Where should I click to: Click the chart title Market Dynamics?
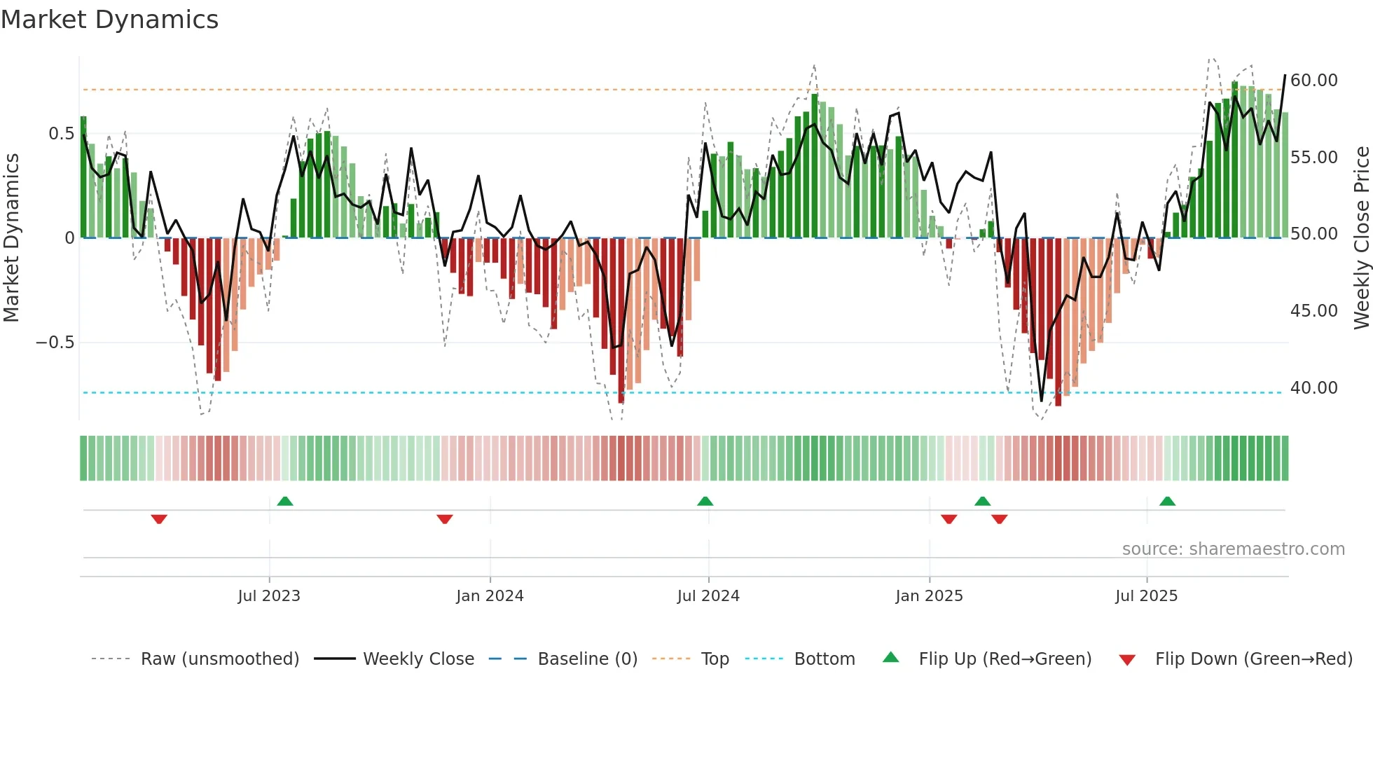[x=109, y=20]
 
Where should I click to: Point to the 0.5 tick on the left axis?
[x=61, y=134]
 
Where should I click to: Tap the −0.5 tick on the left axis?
[x=55, y=343]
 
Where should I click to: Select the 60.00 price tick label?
[x=1313, y=81]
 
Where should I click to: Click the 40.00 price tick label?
[x=1313, y=388]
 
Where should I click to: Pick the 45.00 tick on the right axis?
[x=1313, y=311]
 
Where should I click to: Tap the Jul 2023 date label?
[x=269, y=596]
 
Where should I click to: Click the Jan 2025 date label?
[x=929, y=596]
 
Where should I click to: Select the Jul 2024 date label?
[x=708, y=596]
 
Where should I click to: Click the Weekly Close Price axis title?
[x=1361, y=237]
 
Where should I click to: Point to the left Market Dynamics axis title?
[x=11, y=237]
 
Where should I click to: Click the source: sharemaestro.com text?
[x=1233, y=549]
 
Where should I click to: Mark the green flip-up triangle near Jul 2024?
[x=705, y=502]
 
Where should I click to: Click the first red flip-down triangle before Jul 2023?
[x=159, y=519]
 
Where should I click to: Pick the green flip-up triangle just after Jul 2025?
[x=1167, y=502]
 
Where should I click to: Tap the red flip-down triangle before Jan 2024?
[x=445, y=519]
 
